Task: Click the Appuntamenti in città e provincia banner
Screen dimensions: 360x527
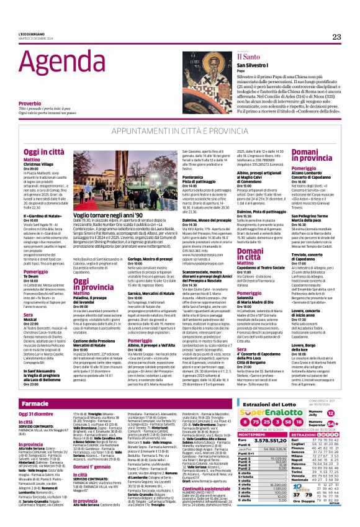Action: coord(179,132)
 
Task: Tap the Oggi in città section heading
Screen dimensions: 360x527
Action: coord(42,151)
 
